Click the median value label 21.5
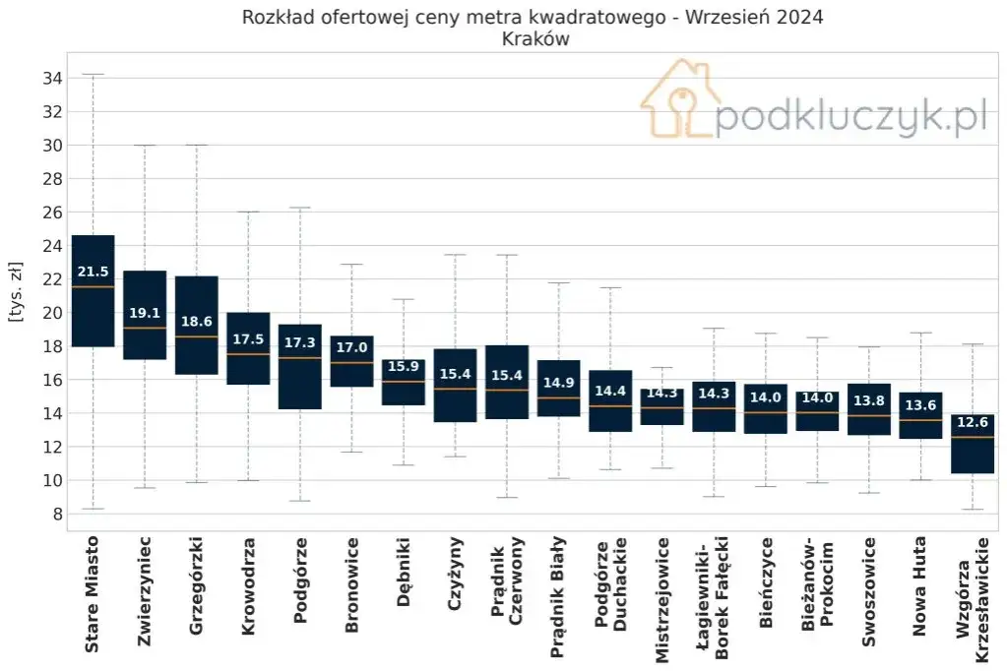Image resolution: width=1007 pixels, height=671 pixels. [93, 272]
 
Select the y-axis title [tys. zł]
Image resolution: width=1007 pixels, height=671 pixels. [16, 292]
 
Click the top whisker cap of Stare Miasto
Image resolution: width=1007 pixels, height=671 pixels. [93, 74]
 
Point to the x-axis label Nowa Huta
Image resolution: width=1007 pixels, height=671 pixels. [919, 587]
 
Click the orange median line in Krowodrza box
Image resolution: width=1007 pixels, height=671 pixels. [248, 354]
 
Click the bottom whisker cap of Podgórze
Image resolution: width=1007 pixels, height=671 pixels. [299, 501]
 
